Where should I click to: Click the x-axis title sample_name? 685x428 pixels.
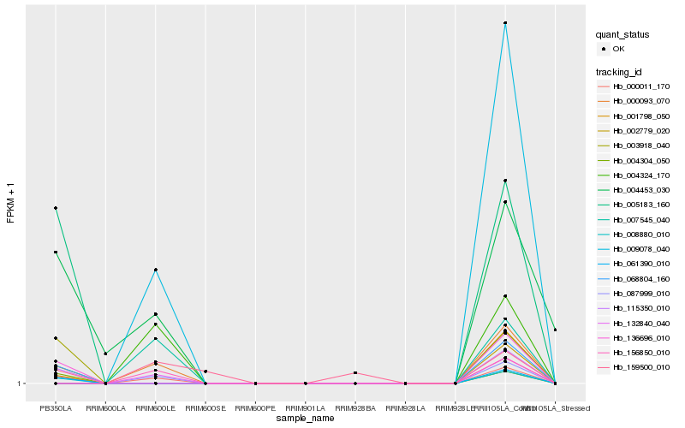point(305,419)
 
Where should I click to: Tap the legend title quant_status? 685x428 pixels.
point(622,35)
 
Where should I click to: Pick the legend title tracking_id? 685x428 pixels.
point(618,71)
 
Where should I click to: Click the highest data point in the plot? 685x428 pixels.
point(505,23)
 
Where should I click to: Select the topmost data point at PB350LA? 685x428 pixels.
point(56,208)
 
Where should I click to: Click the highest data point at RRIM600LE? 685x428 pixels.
point(155,270)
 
